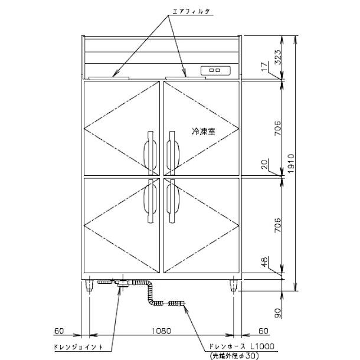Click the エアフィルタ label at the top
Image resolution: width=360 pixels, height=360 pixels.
tap(191, 11)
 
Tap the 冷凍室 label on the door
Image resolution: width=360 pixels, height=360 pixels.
tap(204, 132)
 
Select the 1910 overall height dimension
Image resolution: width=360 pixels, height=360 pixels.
tap(291, 163)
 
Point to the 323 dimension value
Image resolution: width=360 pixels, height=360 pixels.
tap(278, 57)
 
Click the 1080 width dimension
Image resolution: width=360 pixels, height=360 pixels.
tap(162, 331)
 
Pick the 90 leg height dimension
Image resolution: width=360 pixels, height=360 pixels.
tap(278, 313)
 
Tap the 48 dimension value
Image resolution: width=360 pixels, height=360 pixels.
tap(265, 261)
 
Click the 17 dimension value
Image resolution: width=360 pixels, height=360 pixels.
tap(265, 67)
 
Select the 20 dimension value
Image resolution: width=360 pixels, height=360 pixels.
tap(265, 165)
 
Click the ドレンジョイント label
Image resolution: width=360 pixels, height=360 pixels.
tap(78, 346)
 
